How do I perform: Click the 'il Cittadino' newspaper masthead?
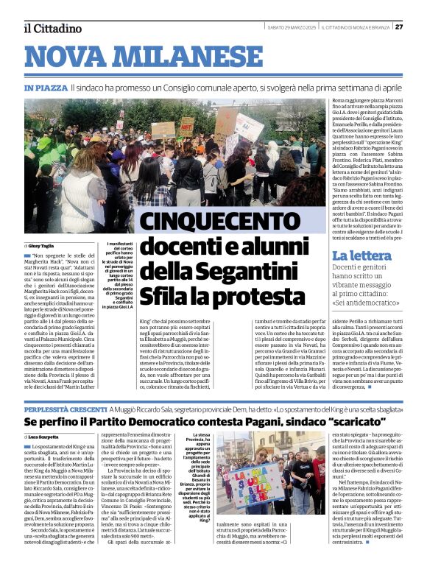point(52,28)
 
